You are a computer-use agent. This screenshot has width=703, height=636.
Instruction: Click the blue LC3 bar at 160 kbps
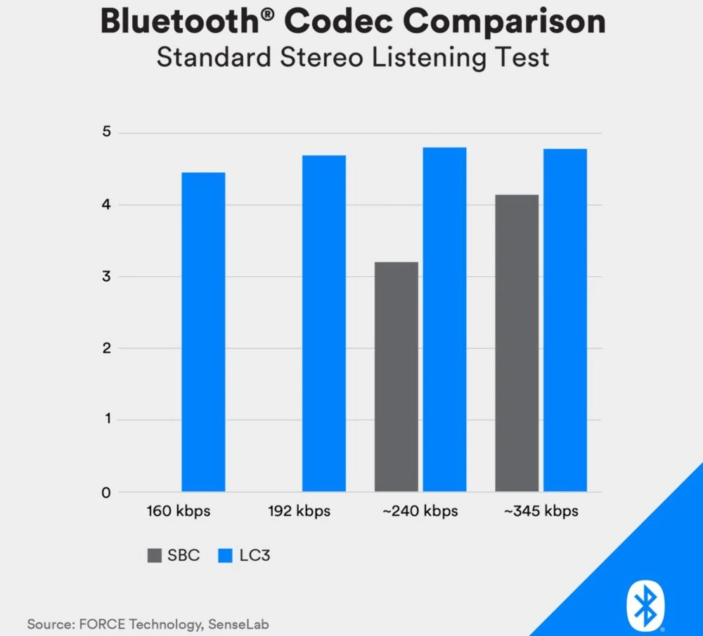click(x=203, y=332)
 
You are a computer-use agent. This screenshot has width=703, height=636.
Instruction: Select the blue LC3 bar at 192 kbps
click(x=324, y=323)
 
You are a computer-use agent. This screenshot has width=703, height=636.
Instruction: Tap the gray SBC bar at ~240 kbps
click(x=396, y=377)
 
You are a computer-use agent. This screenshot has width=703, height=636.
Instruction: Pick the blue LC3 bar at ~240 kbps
click(x=444, y=319)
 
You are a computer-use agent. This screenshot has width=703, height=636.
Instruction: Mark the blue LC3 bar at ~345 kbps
click(x=565, y=320)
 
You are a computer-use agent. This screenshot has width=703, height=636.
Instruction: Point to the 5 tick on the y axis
click(x=105, y=133)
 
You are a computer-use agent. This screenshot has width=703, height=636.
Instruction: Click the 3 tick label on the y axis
click(x=105, y=277)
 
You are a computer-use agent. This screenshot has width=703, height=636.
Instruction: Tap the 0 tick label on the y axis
click(x=105, y=493)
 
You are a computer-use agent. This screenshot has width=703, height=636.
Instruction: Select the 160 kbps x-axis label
click(x=178, y=511)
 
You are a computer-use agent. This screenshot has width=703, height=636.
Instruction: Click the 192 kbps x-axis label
click(x=299, y=511)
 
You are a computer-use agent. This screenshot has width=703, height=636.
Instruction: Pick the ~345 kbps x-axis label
click(x=541, y=511)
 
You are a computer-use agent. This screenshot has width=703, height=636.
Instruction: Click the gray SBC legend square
click(x=154, y=555)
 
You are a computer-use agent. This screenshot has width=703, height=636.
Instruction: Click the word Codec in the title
click(x=336, y=22)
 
